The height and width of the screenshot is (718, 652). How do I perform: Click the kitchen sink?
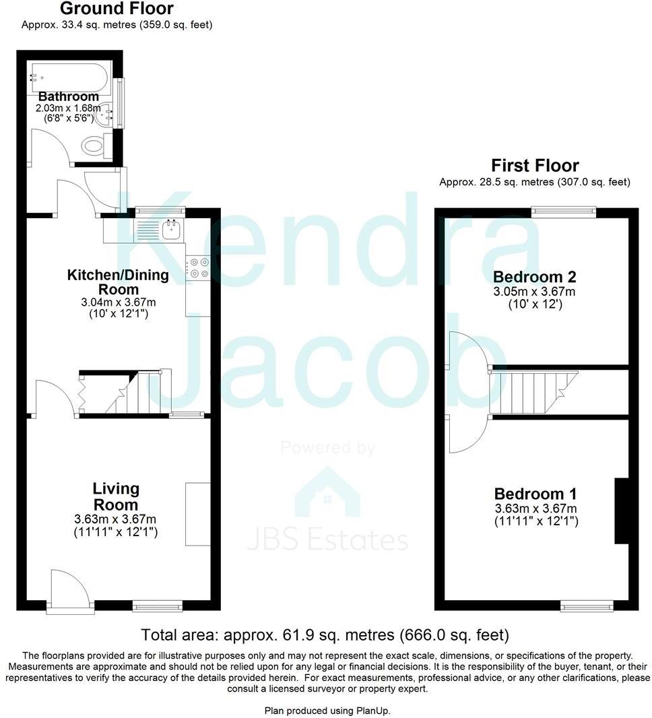click(x=170, y=230)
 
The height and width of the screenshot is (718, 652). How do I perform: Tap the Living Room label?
click(x=116, y=496)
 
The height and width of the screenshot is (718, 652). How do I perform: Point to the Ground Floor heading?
click(x=117, y=9)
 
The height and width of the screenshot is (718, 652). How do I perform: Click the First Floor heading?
click(x=535, y=165)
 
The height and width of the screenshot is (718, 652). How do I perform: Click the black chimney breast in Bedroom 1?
click(x=621, y=511)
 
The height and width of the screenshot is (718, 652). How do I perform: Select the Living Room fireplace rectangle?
click(x=198, y=513)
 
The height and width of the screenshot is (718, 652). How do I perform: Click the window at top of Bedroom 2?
click(x=564, y=211)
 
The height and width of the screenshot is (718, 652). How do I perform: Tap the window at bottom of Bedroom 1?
click(x=587, y=607)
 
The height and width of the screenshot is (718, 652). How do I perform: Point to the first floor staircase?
click(x=532, y=391)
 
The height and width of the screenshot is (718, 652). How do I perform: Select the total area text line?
click(x=325, y=634)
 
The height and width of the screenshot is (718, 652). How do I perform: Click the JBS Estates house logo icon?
click(x=327, y=492)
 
